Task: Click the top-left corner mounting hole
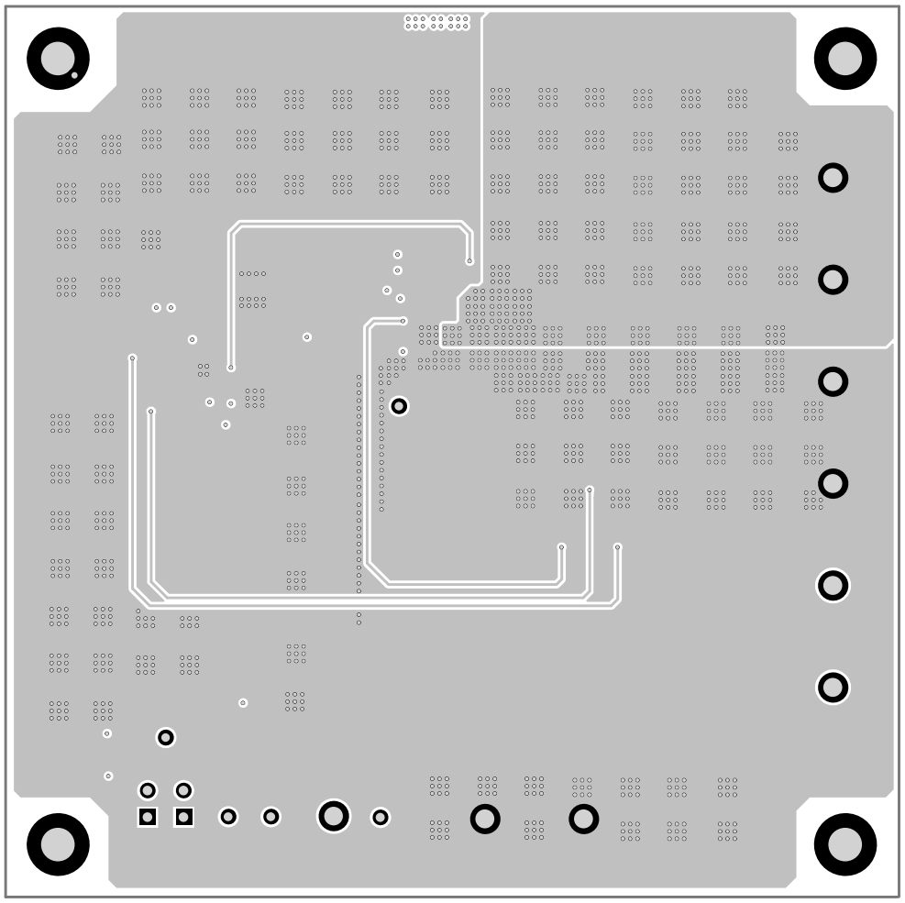58,59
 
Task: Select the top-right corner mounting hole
844,59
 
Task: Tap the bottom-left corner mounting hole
58,844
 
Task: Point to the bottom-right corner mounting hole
844,844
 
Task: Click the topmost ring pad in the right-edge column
833,178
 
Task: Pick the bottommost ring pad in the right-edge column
833,687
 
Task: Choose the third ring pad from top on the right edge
833,381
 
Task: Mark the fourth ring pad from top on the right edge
833,483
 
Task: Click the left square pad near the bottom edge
148,817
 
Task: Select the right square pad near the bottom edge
184,817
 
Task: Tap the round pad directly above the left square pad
148,790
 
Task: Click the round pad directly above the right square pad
184,790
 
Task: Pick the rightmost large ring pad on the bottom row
584,819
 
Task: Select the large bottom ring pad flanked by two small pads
334,816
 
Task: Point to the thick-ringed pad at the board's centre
399,406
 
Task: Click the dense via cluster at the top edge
437,22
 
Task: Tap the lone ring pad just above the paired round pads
166,737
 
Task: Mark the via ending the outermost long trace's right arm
617,547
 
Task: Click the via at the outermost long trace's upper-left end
132,358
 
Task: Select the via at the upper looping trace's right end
469,261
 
